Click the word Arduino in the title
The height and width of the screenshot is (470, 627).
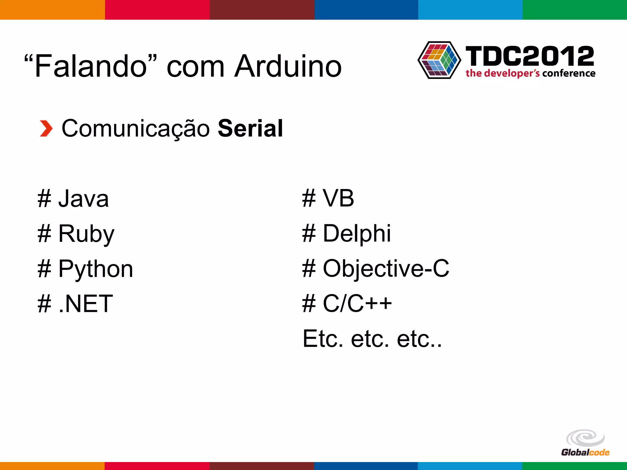pyautogui.click(x=288, y=66)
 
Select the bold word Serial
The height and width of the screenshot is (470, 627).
pyautogui.click(x=250, y=128)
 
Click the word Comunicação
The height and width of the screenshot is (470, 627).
pyautogui.click(x=136, y=128)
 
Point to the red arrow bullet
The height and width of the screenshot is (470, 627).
pyautogui.click(x=46, y=129)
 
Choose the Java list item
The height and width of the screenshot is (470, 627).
pyautogui.click(x=83, y=199)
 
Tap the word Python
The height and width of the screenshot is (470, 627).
pyautogui.click(x=96, y=269)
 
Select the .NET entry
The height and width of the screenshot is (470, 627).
pyautogui.click(x=85, y=304)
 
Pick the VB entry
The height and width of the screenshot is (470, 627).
pyautogui.click(x=338, y=198)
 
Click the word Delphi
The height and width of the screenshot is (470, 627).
pyautogui.click(x=357, y=233)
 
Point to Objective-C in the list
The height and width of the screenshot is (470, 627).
pyautogui.click(x=386, y=269)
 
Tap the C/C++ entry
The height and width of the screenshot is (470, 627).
pyautogui.click(x=357, y=304)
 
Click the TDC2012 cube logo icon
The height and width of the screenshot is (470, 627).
pyautogui.click(x=439, y=60)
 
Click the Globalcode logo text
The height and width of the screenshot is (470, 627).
pyautogui.click(x=585, y=452)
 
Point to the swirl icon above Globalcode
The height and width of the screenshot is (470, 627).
pyautogui.click(x=585, y=438)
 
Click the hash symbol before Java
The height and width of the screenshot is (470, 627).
pyautogui.click(x=44, y=199)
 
